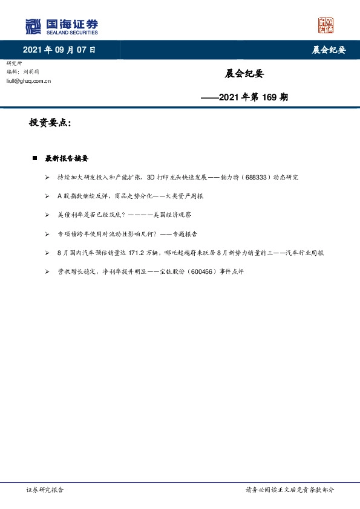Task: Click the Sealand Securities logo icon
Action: click(x=33, y=26)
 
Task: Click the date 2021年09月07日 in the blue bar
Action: click(x=59, y=50)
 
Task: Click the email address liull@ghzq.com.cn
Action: click(x=28, y=80)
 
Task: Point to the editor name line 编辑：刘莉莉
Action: click(x=24, y=71)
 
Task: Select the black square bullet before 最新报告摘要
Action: click(x=35, y=158)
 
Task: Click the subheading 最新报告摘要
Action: click(x=67, y=158)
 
